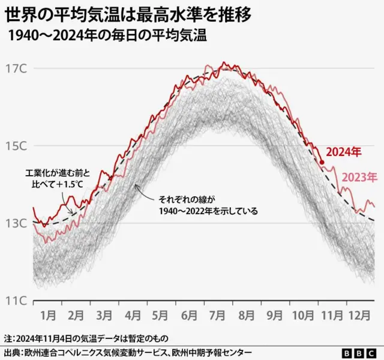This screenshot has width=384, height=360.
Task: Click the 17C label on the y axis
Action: pyautogui.click(x=16, y=69)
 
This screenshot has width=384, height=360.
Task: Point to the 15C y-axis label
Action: pyautogui.click(x=16, y=146)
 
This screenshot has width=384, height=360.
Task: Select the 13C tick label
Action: pyautogui.click(x=16, y=223)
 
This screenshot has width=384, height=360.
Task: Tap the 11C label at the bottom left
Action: pyautogui.click(x=16, y=301)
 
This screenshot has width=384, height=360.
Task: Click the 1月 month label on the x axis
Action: pyautogui.click(x=48, y=315)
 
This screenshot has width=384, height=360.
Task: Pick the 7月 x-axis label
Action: pyautogui.click(x=217, y=315)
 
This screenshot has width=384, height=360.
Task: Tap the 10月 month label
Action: pyautogui.click(x=303, y=315)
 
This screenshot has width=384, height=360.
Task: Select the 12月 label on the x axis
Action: pyautogui.click(x=360, y=315)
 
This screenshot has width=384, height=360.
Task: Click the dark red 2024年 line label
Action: pyautogui.click(x=343, y=152)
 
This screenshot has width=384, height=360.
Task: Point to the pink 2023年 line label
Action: pyautogui.click(x=359, y=177)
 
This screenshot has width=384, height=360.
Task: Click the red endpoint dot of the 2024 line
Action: pyautogui.click(x=322, y=162)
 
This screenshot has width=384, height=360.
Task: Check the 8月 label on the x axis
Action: pyautogui.click(x=246, y=315)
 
